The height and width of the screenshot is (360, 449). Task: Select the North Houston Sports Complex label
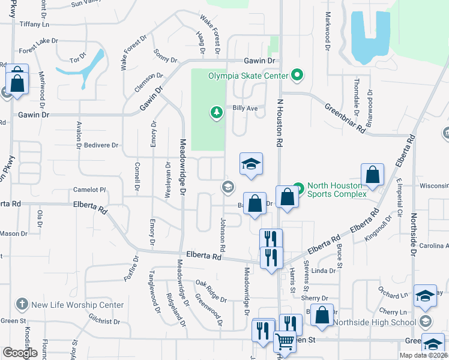click(x=337, y=190)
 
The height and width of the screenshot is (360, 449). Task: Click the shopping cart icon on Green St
click(x=285, y=342)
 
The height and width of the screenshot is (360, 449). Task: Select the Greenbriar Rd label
click(x=345, y=118)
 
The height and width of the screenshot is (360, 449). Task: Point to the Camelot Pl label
click(x=89, y=190)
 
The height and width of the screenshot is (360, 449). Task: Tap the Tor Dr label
click(x=78, y=61)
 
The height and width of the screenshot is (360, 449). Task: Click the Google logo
click(x=20, y=353)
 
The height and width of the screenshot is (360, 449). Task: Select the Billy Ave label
click(x=245, y=108)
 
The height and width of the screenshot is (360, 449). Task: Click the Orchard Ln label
click(x=393, y=295)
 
